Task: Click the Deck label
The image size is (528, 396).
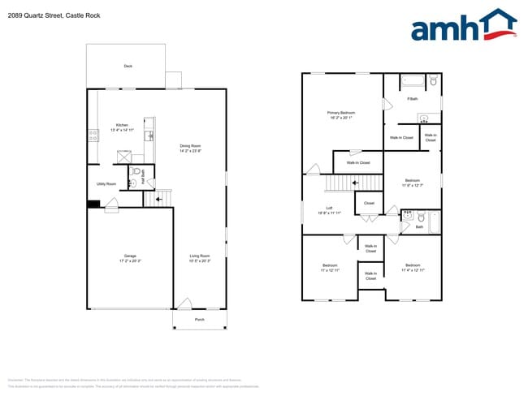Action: pos(128,66)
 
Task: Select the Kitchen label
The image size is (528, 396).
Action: pos(121,127)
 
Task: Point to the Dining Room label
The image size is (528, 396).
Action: pos(191,148)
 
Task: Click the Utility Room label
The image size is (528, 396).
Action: pos(106,184)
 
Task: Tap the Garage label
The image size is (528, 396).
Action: pos(130,259)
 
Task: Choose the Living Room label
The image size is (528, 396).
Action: pos(200,258)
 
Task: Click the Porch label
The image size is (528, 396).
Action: pos(200,320)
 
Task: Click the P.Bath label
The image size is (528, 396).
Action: pos(413,99)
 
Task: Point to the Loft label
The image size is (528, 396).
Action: pos(330,209)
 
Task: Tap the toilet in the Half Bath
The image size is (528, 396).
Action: pos(136,172)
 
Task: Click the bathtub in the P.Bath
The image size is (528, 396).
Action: pos(413,81)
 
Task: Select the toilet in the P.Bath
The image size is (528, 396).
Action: pos(434,81)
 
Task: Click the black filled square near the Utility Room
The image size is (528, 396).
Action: pos(93,204)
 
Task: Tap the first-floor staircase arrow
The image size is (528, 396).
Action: pos(159,196)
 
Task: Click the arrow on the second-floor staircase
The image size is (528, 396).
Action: pos(355,183)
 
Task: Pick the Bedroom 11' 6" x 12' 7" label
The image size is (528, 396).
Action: pos(413,183)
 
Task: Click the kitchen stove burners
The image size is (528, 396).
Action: pos(93,136)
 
